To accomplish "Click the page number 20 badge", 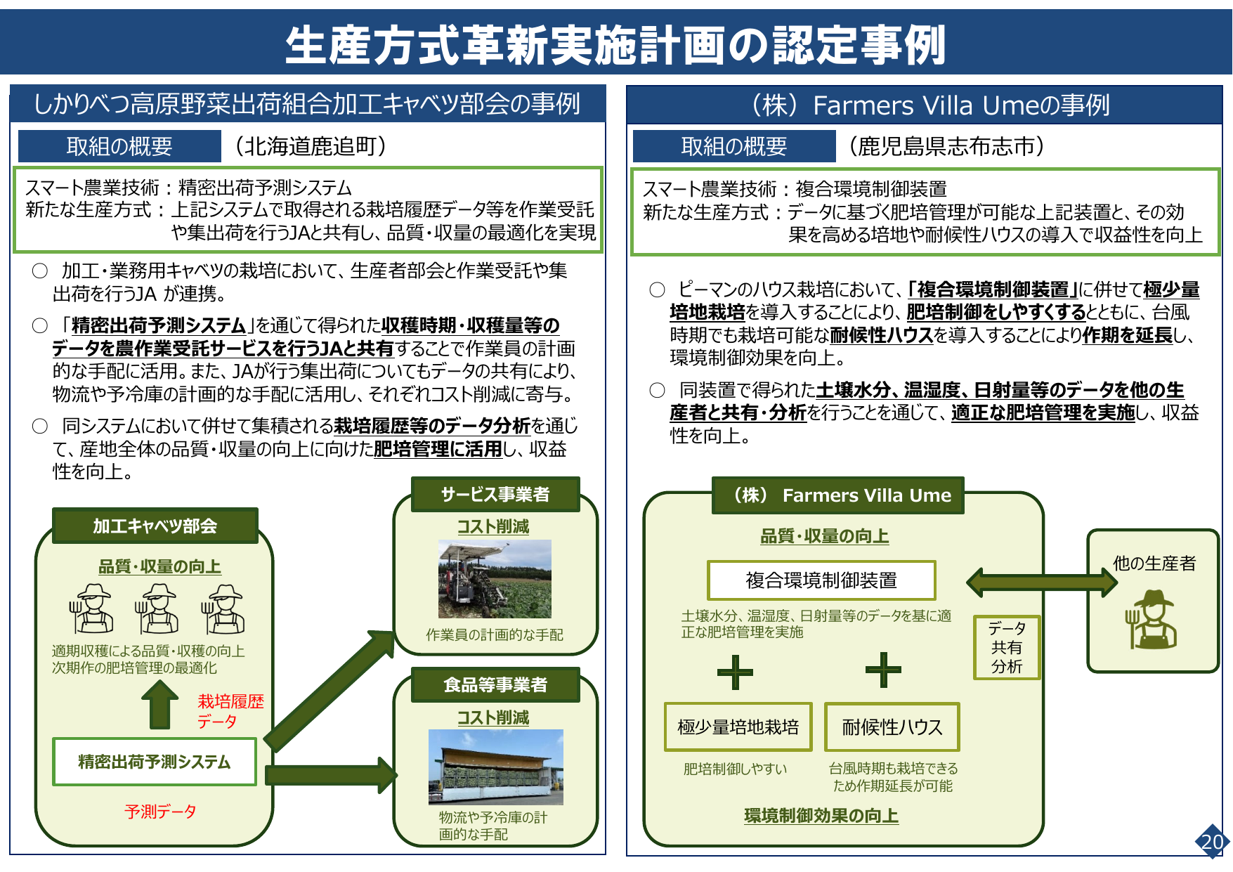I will (x=1212, y=841).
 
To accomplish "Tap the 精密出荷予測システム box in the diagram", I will (x=155, y=762).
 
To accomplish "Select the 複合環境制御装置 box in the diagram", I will (x=821, y=580).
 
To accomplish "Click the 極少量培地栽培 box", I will (x=738, y=727).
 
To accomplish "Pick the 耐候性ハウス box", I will (x=892, y=727).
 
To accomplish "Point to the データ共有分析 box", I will (x=1006, y=647).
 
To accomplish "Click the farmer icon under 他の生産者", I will (x=1152, y=619).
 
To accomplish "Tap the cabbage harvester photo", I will (x=495, y=578).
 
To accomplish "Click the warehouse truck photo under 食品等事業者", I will (x=495, y=767).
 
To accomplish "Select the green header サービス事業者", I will (x=495, y=495).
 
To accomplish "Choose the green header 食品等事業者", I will (x=495, y=684).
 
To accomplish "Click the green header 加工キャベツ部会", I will (x=155, y=526).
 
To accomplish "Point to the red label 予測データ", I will (x=160, y=812).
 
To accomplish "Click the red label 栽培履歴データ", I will (x=230, y=711).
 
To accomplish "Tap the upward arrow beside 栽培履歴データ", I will (x=160, y=704).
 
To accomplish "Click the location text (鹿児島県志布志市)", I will (x=946, y=146).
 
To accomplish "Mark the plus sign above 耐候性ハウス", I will (x=883, y=670).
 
